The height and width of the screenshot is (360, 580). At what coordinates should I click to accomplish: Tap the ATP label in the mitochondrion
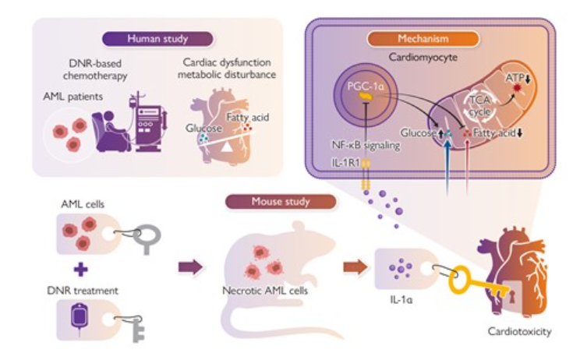coord(515,79)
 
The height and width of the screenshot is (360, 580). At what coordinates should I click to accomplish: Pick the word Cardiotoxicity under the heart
coord(519,331)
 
